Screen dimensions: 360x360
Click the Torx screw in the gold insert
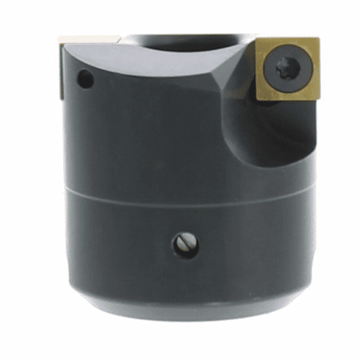pyautogui.click(x=285, y=72)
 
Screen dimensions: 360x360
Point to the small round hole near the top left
pyautogui.click(x=85, y=79)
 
